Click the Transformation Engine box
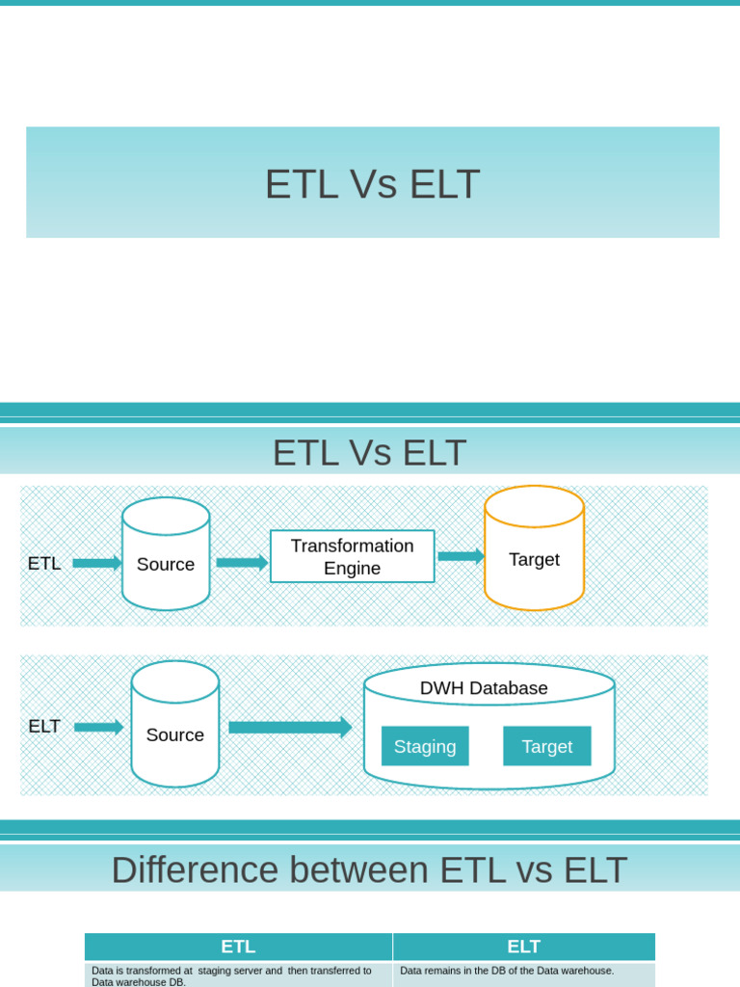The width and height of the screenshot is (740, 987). click(352, 556)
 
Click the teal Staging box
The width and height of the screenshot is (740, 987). click(425, 746)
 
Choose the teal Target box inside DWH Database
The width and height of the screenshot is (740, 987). click(546, 746)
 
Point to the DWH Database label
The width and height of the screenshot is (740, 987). click(484, 688)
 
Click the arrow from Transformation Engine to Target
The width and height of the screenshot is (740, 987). click(461, 556)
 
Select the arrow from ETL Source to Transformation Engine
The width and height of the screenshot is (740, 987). click(241, 563)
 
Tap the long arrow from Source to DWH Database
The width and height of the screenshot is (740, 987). click(290, 728)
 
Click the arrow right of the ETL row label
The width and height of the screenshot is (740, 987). click(96, 563)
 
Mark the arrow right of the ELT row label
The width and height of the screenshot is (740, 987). click(98, 728)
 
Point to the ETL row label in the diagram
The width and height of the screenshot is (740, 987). click(44, 564)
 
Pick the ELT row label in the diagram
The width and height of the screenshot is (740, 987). click(44, 727)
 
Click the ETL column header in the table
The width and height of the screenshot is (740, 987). click(238, 947)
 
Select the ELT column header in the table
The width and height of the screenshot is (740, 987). click(524, 947)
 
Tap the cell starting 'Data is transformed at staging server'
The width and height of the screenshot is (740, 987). click(238, 975)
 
